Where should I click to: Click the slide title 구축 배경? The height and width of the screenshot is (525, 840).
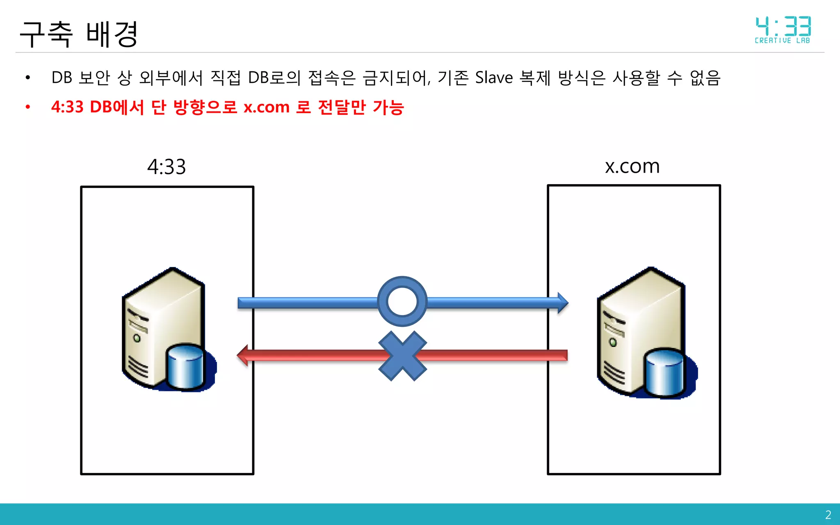coord(79,34)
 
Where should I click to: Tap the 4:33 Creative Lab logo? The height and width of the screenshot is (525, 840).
coord(783,30)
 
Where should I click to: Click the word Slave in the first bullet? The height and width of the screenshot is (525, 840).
coord(494,78)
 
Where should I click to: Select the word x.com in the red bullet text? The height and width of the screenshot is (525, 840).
coord(267,107)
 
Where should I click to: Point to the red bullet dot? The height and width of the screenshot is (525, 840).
coord(28,107)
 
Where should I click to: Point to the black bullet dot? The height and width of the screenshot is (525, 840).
coord(28,78)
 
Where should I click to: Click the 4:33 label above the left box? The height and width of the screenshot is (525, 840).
coord(167,167)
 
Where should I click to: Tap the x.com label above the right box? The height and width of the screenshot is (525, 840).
coord(632,166)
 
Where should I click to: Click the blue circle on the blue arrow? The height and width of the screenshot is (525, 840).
coord(402,301)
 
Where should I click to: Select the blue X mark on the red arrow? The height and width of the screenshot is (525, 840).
coord(402,356)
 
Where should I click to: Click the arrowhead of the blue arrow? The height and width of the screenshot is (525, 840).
coord(562,303)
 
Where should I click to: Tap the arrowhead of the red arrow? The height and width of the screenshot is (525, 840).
coord(243,355)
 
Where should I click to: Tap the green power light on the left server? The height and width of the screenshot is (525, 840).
coord(137,338)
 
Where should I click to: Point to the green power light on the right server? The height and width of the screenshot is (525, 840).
coord(613,342)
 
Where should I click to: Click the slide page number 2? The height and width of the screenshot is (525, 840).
coord(828,515)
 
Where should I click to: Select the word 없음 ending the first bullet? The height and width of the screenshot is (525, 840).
coord(705,78)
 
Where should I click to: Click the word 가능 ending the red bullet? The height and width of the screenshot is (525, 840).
coord(388,107)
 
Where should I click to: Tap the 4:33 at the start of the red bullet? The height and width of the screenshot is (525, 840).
coord(67,107)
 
